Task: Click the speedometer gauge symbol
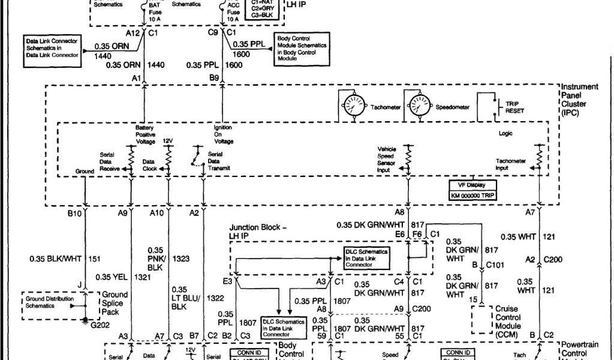pyautogui.click(x=419, y=106)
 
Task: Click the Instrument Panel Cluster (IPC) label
pyautogui.click(x=578, y=100)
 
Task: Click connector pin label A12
pyautogui.click(x=133, y=33)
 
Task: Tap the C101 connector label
pyautogui.click(x=495, y=264)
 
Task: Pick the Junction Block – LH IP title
pyautogui.click(x=258, y=232)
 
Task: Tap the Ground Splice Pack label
pyautogui.click(x=115, y=303)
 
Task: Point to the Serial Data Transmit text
pyautogui.click(x=218, y=161)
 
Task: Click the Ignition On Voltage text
pyautogui.click(x=223, y=134)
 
